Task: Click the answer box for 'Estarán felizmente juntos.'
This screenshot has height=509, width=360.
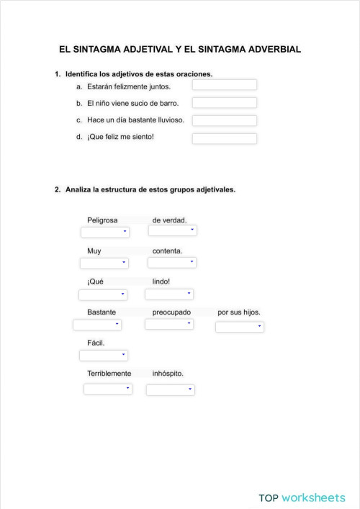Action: (224, 85)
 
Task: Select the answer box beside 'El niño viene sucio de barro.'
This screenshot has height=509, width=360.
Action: (224, 103)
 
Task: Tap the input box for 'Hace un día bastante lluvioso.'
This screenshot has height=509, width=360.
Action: (224, 120)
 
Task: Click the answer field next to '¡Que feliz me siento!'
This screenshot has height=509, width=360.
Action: (224, 138)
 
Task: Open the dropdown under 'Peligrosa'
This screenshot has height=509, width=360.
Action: (104, 232)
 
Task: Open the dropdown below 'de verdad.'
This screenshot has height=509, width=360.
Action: (172, 231)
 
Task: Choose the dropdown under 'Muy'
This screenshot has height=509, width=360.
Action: (104, 263)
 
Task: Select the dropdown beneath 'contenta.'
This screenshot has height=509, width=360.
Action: (172, 263)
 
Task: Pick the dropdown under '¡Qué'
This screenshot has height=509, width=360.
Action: (103, 294)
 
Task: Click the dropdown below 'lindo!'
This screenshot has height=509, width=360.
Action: (169, 294)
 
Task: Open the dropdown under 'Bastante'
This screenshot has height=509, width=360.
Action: (97, 325)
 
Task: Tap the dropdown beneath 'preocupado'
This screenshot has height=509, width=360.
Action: (169, 324)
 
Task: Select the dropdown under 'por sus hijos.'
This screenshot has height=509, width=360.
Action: (240, 327)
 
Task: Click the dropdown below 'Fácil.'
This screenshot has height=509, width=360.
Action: (104, 355)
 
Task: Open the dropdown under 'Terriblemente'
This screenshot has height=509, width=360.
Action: (108, 389)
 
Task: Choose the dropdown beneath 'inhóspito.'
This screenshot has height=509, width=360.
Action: (171, 389)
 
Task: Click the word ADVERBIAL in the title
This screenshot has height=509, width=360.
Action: (266, 50)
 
